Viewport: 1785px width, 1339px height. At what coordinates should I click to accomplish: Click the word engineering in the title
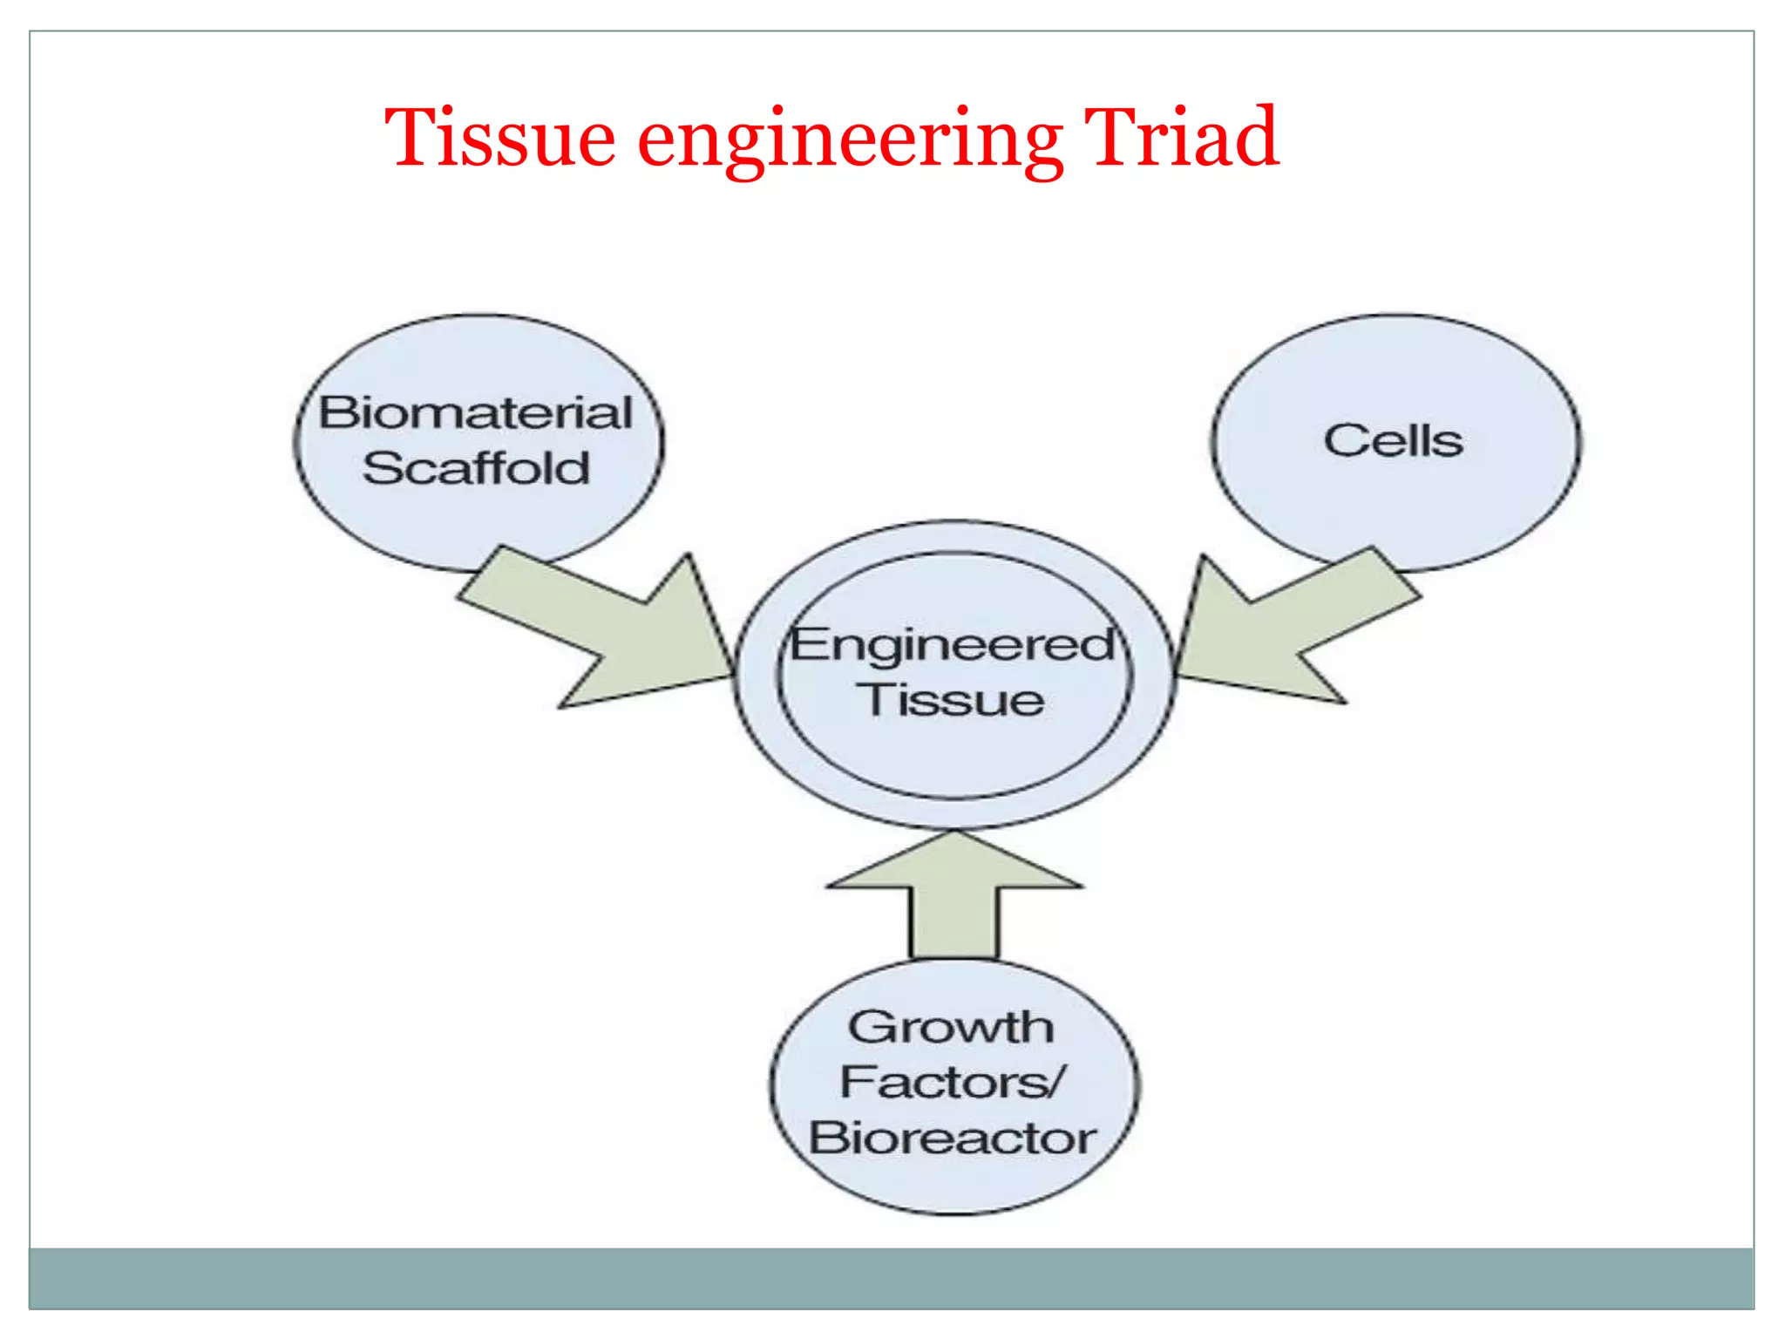[x=850, y=139]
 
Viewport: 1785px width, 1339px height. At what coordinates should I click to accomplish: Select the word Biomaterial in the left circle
[x=475, y=412]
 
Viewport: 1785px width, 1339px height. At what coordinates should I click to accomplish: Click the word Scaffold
[x=476, y=468]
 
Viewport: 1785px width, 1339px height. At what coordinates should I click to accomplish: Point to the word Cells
[x=1393, y=440]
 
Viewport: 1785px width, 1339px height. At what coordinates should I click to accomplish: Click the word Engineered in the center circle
[x=952, y=645]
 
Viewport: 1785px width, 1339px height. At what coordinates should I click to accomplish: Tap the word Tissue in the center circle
[x=952, y=700]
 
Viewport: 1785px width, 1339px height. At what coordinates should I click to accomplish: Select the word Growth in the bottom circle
[x=951, y=1027]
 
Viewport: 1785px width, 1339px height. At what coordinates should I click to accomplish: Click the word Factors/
[x=952, y=1082]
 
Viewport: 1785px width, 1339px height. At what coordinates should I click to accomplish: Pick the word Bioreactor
[x=952, y=1138]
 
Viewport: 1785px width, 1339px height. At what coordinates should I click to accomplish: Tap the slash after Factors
[x=1055, y=1082]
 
